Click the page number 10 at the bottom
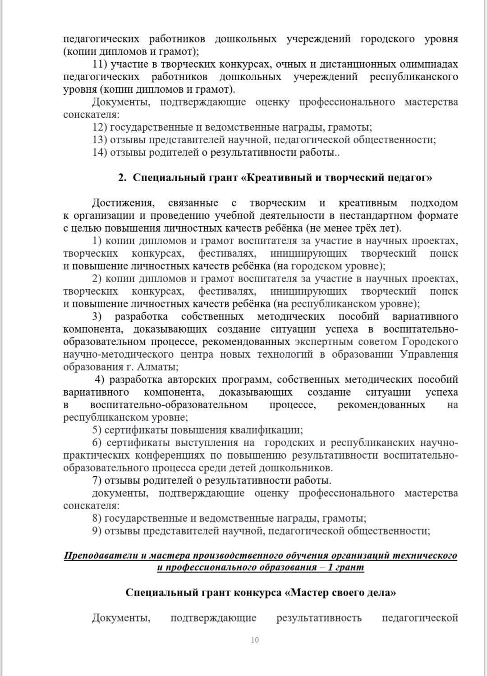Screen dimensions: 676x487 click(255, 640)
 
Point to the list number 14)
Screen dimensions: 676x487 click(100, 152)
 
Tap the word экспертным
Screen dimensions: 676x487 click(323, 342)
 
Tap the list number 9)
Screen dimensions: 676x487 click(97, 531)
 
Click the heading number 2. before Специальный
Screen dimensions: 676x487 click(122, 178)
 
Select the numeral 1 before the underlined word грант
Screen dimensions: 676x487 click(330, 567)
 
